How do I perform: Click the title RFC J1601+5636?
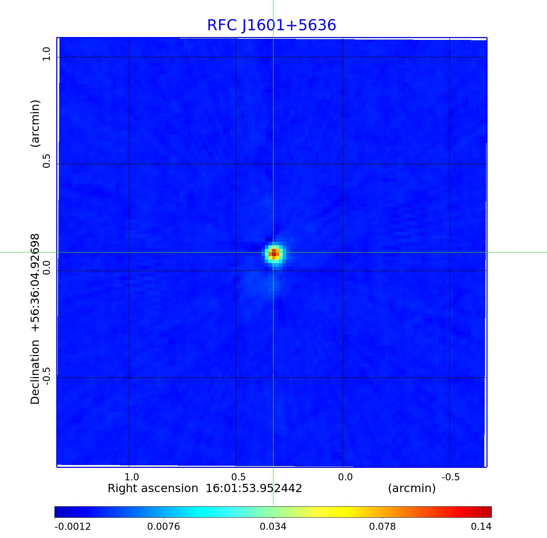[x=271, y=25]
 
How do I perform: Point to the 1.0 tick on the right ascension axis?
[x=131, y=477]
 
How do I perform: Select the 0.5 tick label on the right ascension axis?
[x=238, y=477]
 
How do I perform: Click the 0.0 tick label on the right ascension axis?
[x=345, y=477]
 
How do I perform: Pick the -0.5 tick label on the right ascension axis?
[x=450, y=477]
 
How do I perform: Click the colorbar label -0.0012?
[x=73, y=526]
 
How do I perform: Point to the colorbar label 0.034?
[x=273, y=526]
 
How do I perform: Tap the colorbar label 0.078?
[x=382, y=526]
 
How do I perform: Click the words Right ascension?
[x=153, y=488]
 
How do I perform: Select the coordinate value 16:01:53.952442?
[x=254, y=488]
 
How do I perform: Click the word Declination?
[x=35, y=372]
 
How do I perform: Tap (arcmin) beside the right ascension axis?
[x=412, y=488]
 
